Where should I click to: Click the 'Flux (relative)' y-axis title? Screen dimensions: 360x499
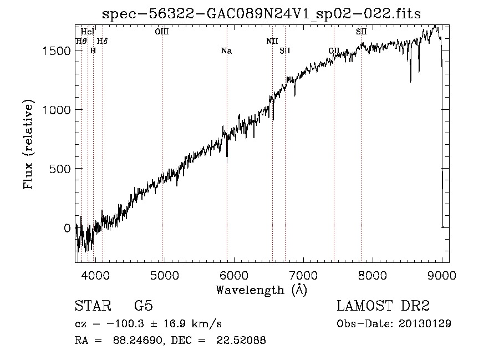pos(28,144)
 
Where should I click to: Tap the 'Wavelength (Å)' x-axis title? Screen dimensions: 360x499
pos(261,290)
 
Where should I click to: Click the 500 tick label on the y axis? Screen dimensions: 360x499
pos(62,169)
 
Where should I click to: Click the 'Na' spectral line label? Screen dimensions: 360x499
pos(226,51)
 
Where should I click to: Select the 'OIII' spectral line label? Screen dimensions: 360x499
pos(162,32)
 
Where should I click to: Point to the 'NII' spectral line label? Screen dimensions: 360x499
pos(272,41)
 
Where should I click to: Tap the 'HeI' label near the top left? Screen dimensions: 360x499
pos(87,32)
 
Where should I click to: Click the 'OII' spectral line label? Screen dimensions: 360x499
pos(334,51)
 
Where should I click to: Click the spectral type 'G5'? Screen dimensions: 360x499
pos(143,306)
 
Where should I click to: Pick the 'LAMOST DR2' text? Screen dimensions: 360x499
pos(384,306)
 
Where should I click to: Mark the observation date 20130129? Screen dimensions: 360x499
pos(424,323)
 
